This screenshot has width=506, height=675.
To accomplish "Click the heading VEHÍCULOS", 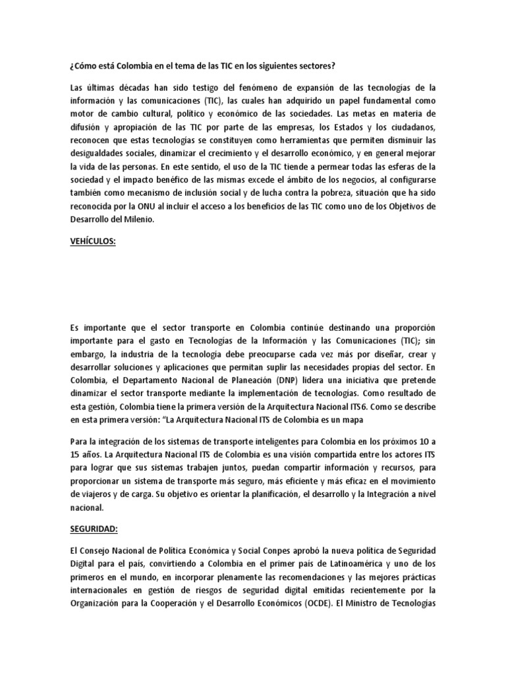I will (x=92, y=242).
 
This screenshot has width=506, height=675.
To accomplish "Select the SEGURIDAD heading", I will (x=92, y=530).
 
